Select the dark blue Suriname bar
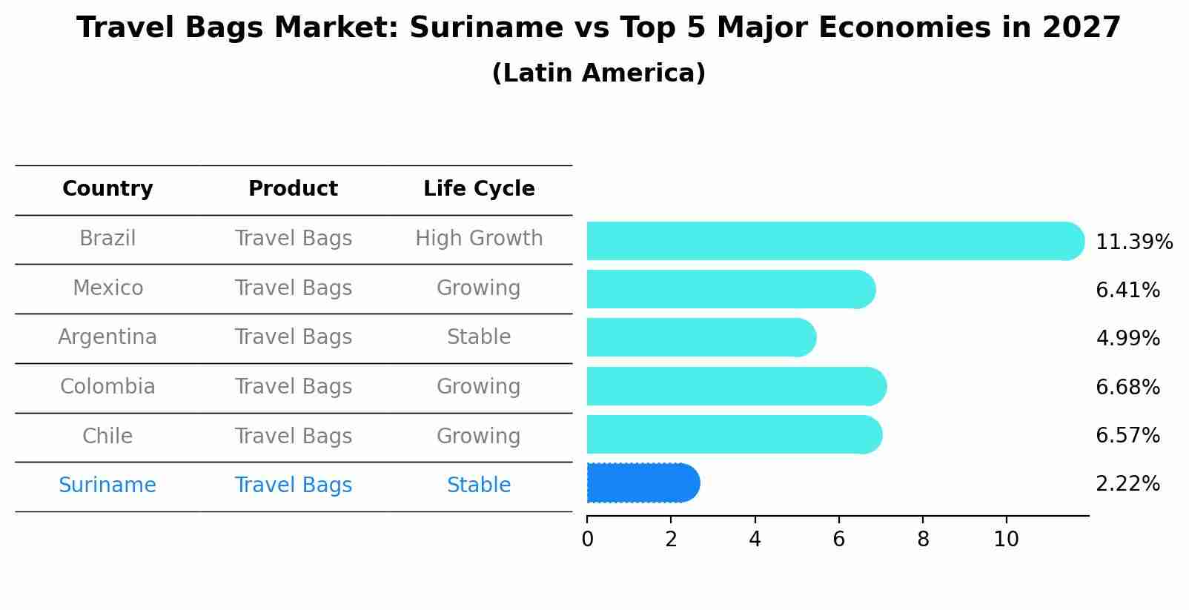click(642, 483)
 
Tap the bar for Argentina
click(701, 338)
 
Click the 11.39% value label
click(1133, 242)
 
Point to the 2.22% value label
click(1127, 484)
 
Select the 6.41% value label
click(1127, 290)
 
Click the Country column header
click(107, 189)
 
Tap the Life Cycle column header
click(479, 189)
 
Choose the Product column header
click(293, 189)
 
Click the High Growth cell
click(479, 239)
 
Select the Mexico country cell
click(107, 288)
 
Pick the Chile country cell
click(107, 437)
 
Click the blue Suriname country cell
click(107, 485)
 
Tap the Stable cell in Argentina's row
click(479, 337)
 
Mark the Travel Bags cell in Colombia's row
click(293, 387)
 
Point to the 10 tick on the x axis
click(1006, 540)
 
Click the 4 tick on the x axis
click(755, 540)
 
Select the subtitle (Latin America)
click(598, 73)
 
